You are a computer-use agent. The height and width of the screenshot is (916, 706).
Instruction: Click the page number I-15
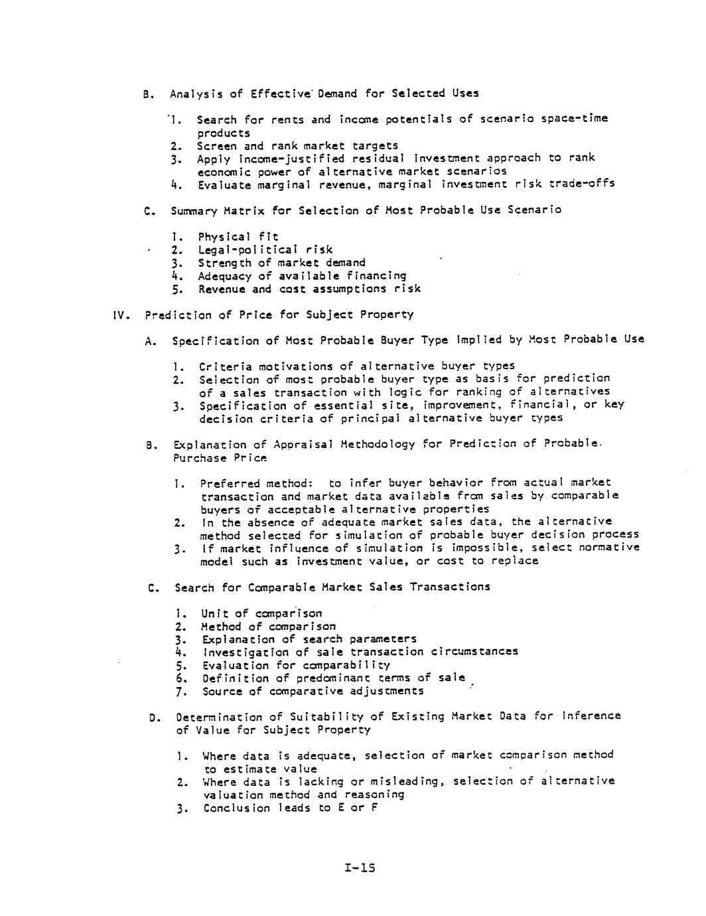pos(360,867)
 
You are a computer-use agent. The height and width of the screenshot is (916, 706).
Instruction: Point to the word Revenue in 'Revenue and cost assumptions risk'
pos(222,289)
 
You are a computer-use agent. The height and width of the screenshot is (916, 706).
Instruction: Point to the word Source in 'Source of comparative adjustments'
pos(222,691)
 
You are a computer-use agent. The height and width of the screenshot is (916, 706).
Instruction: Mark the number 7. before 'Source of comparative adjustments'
pos(180,691)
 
